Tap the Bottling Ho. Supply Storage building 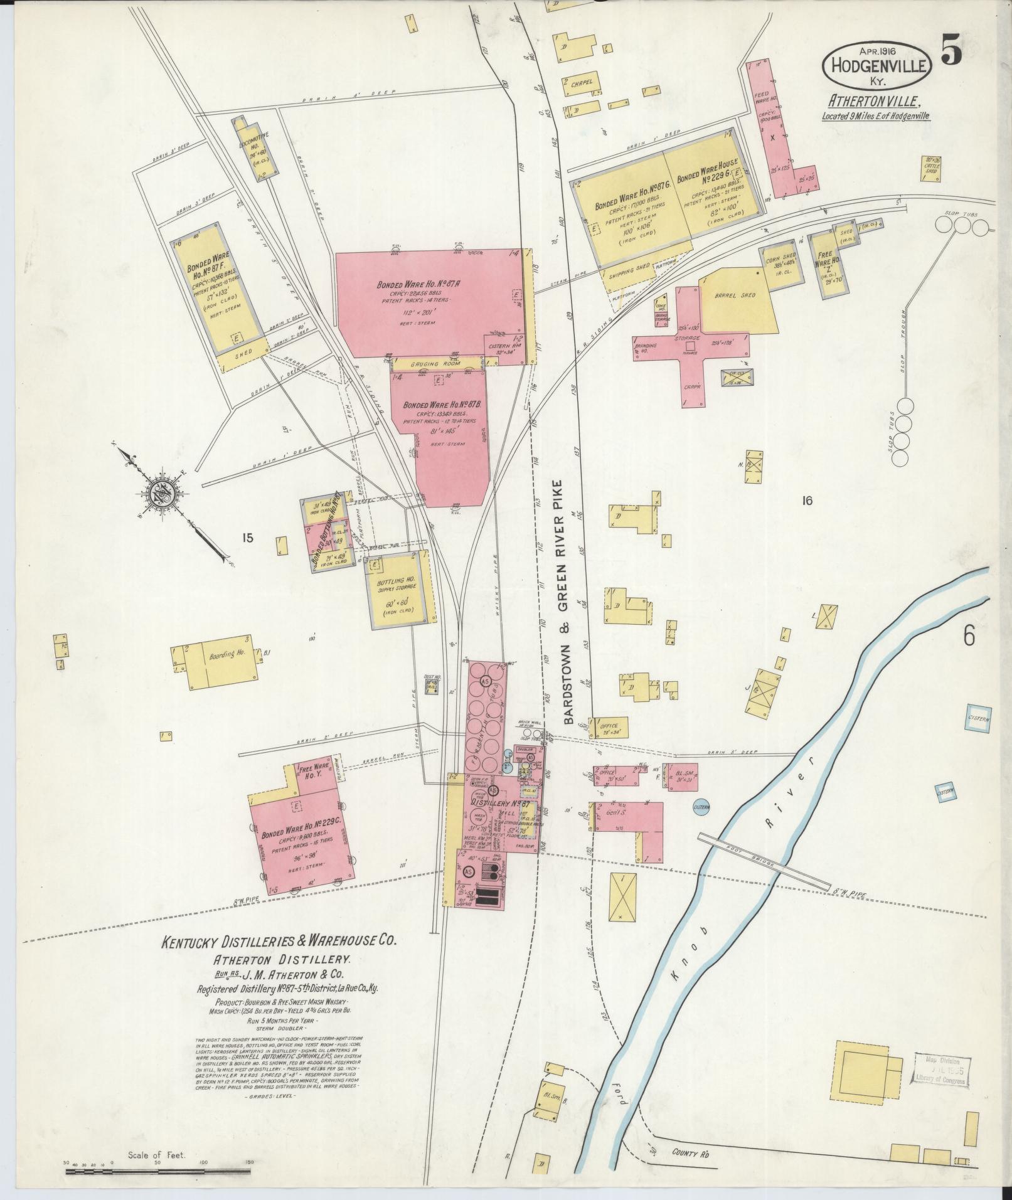[398, 590]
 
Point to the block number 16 [807, 501]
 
